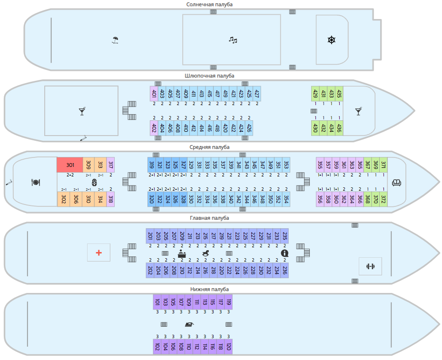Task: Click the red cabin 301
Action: pos(70,165)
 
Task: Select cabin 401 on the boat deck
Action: pos(154,94)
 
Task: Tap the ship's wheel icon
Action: pos(332,40)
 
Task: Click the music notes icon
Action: pos(232,40)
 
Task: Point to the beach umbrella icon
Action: pos(115,40)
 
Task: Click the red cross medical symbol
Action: pos(99,253)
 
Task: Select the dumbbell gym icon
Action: pos(370,266)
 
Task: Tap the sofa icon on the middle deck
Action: pos(396,182)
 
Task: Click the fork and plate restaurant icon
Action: pos(35,182)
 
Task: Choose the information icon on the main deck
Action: pos(285,253)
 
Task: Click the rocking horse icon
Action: pos(206,253)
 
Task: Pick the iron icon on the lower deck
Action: pos(189,325)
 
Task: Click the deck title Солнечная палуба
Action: pos(209,4)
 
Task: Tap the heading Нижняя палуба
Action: pos(209,289)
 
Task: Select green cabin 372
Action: pos(383,199)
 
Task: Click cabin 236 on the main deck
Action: pos(285,270)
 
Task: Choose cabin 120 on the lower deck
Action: pos(228,347)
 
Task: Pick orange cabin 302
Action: pos(63,199)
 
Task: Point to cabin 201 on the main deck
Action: pos(150,236)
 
